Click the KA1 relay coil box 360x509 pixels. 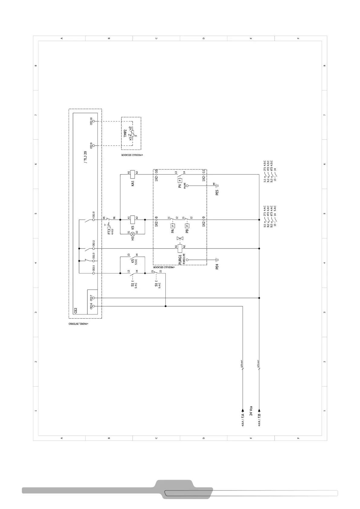click(x=132, y=174)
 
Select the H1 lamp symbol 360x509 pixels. click(x=132, y=234)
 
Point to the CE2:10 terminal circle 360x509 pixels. click(x=93, y=121)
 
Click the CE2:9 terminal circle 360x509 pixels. click(x=93, y=146)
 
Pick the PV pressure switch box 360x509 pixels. click(x=180, y=180)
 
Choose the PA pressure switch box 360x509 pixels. click(x=173, y=225)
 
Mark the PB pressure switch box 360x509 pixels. click(x=187, y=225)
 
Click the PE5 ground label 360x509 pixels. click(x=217, y=192)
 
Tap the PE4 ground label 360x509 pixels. click(x=217, y=267)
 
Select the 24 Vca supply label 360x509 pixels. click(x=251, y=411)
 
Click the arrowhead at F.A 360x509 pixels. click(x=243, y=410)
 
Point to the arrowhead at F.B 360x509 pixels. click(x=259, y=410)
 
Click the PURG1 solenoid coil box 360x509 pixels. click(x=180, y=248)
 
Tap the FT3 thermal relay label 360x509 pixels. click(x=109, y=232)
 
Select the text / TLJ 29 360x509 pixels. click(x=85, y=157)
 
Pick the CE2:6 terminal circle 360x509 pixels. click(x=93, y=306)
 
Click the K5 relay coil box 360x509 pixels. click(x=132, y=220)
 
